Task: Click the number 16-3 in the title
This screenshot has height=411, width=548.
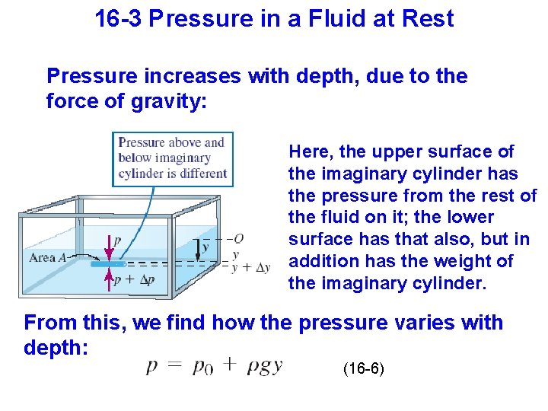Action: point(119,18)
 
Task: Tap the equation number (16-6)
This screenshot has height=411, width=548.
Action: point(364,369)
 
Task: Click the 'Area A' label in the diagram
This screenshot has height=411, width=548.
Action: point(48,257)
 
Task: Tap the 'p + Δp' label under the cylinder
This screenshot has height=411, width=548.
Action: point(134,280)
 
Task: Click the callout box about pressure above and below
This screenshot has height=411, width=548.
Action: point(172,158)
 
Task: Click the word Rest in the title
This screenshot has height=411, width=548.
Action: point(429,18)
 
